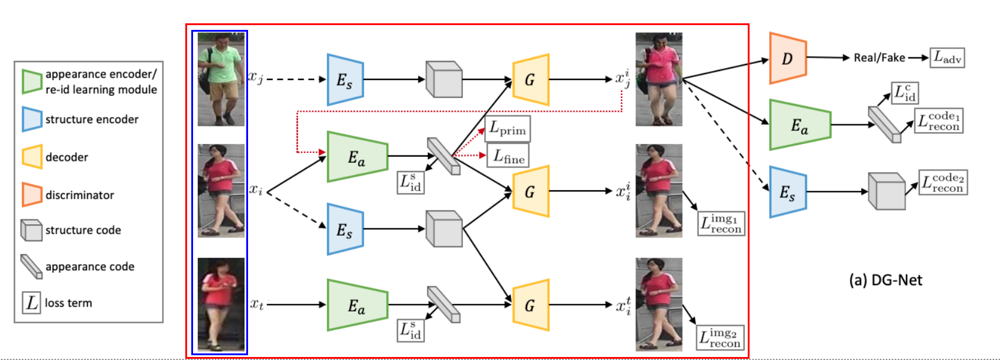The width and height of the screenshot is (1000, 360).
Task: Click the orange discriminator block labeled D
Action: pos(788,58)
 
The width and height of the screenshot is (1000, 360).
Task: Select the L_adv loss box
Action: pos(947,58)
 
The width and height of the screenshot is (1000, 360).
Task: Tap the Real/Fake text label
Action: pos(879,58)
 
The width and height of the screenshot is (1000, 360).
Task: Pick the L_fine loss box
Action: pos(508,157)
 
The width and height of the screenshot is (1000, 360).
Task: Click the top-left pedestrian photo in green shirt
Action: pos(221,79)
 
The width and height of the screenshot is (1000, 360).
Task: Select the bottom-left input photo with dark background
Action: pos(221,304)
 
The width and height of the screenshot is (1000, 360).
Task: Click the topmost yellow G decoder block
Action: pos(530,80)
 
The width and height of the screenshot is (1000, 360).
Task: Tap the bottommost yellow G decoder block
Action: pos(530,305)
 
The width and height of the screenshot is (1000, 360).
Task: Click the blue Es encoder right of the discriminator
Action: pos(788,192)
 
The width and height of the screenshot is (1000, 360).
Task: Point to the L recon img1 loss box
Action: pos(721,224)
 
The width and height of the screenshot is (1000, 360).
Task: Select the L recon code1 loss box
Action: pos(940,120)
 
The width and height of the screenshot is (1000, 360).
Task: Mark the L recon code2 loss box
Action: pos(943,182)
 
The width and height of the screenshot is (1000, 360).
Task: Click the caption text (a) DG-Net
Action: pos(885,280)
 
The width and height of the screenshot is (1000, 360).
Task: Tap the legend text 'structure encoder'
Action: pos(92,120)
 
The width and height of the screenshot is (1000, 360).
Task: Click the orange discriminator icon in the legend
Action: pos(32,195)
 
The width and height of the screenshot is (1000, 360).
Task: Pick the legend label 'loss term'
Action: pos(68,303)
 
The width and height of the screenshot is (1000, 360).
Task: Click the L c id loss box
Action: pos(905,93)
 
